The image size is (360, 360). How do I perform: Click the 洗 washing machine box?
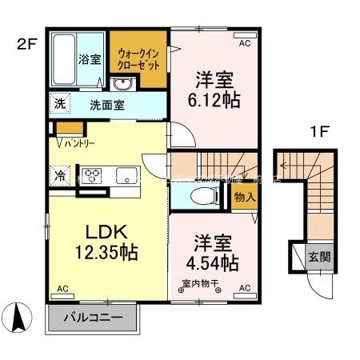59,103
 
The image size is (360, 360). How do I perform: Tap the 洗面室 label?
106,104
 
